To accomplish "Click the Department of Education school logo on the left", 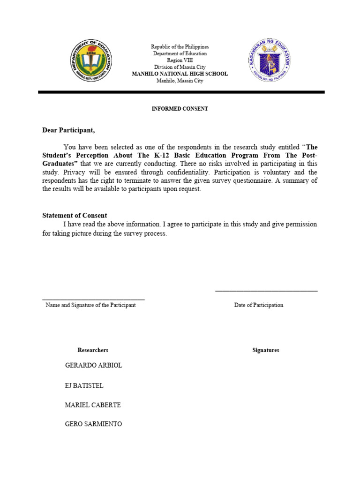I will pos(91,61).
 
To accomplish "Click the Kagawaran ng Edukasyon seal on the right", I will pos(269,61).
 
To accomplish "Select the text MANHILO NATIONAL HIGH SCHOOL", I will pos(180,74).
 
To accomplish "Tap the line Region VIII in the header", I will pos(180,60).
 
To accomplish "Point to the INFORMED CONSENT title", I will pos(180,109).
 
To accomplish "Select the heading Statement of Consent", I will pos(75,216).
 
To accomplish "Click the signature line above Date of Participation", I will pos(266,291).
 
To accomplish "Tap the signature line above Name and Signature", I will pos(93,299).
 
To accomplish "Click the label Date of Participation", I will pos(259,305).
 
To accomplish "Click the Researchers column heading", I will pos(93,350).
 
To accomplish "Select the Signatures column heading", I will pos(265,350).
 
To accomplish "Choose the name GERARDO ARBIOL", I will pos(93,366).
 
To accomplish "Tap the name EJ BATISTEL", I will pos(84,386).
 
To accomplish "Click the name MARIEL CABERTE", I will pos(92,405).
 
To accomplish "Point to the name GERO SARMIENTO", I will pos(93,424).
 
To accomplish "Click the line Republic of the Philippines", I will pos(180,47).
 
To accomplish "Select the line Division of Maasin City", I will pos(180,67).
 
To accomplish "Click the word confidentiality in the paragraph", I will pos(187,172).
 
